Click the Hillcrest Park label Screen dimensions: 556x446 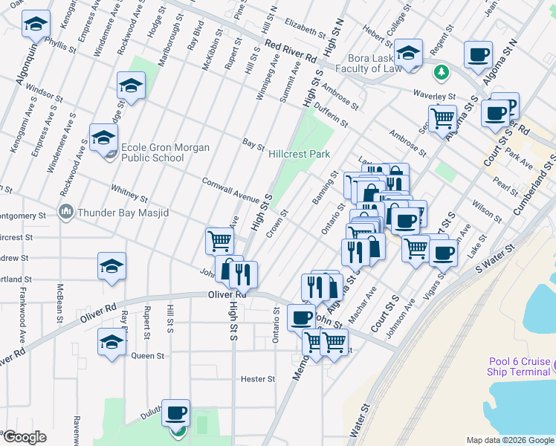click(x=299, y=154)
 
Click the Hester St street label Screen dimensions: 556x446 click(x=258, y=379)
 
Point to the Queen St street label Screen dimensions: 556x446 click(x=147, y=356)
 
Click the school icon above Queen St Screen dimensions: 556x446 click(x=111, y=343)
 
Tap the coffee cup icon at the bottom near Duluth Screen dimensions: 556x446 click(x=176, y=413)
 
